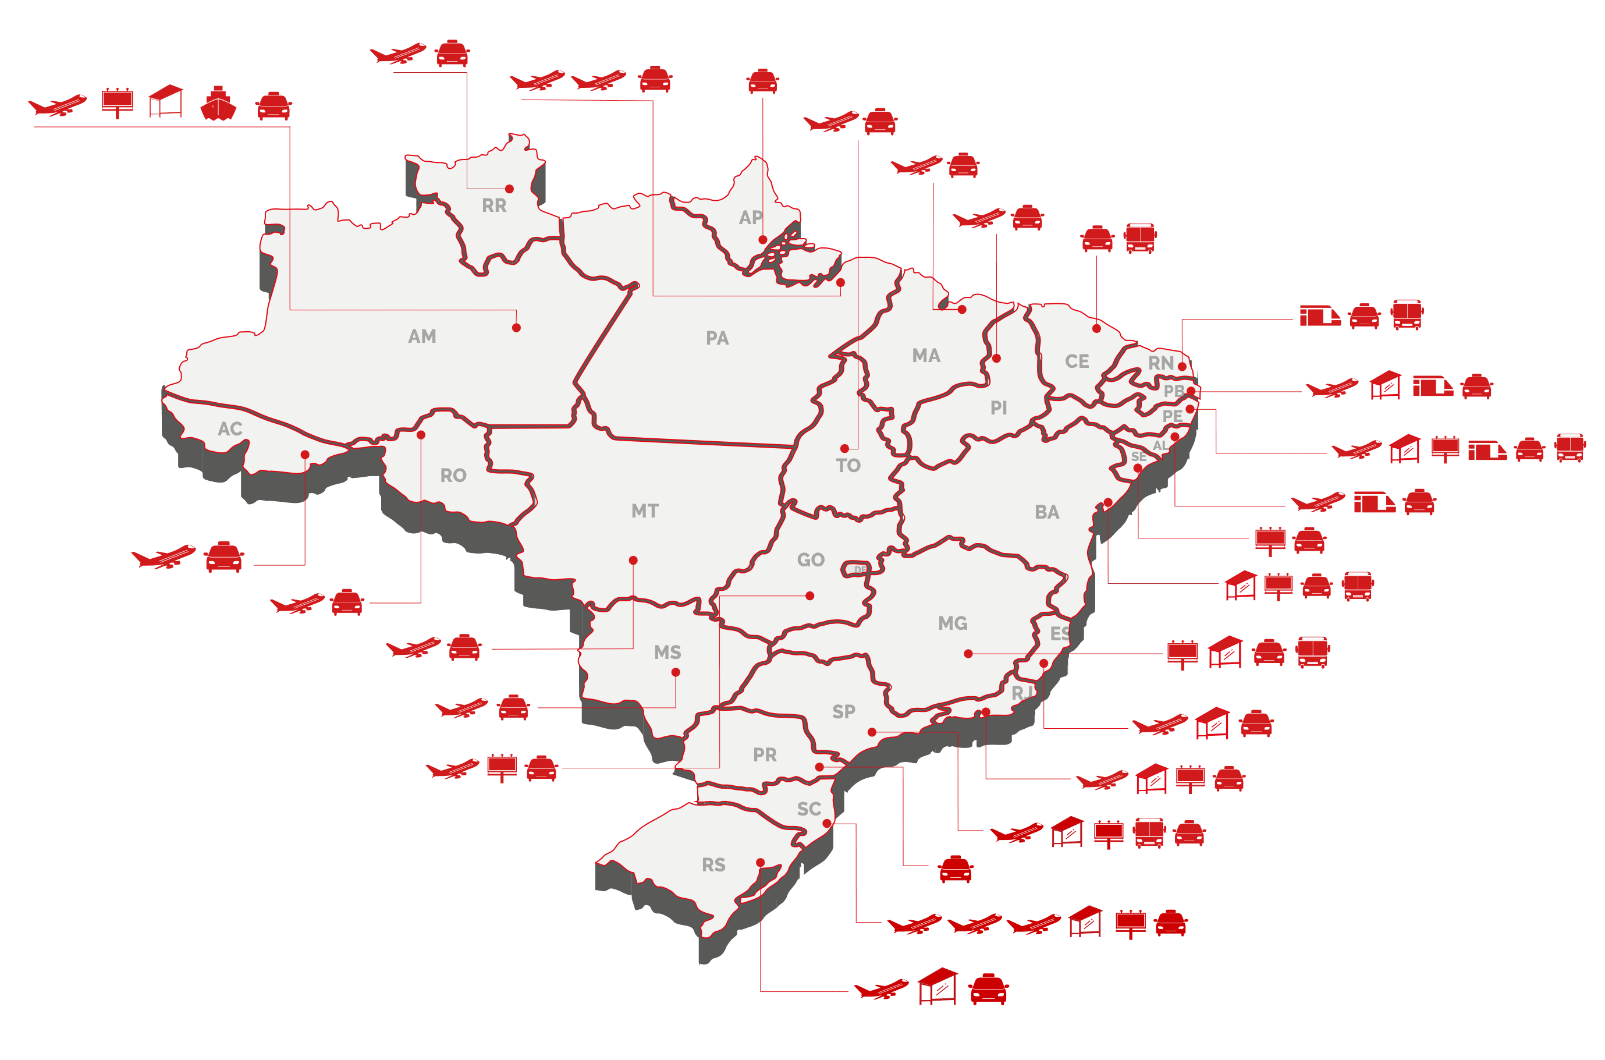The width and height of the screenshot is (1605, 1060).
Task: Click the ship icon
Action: point(218,104)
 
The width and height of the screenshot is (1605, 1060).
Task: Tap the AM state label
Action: point(422,336)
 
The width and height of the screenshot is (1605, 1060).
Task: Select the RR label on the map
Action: point(494,205)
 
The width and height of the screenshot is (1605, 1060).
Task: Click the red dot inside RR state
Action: point(510,189)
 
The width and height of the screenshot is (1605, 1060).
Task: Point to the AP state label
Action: point(750,218)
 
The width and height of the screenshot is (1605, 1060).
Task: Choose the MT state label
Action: point(645,511)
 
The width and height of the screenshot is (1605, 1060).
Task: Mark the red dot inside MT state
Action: point(633,561)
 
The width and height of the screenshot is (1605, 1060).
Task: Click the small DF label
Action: point(860,570)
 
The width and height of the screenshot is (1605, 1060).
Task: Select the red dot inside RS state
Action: point(760,863)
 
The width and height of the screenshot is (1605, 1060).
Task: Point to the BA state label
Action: point(1047,512)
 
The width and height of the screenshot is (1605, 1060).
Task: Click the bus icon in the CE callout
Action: point(1140,239)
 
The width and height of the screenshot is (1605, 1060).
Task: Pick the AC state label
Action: point(230,428)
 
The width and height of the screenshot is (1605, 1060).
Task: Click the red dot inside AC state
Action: point(305,455)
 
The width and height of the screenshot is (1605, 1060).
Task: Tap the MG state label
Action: point(953,623)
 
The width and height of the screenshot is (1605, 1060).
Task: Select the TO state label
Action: point(848,466)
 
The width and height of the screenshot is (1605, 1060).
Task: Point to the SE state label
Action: point(1138,457)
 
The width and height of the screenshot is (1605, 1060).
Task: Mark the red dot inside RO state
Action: point(421,435)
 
